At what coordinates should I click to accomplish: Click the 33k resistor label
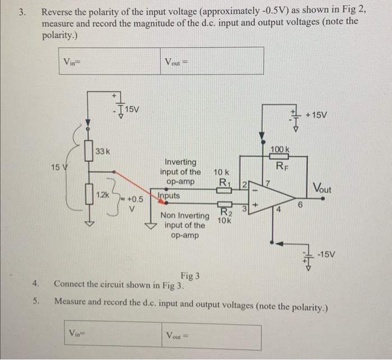[102, 151]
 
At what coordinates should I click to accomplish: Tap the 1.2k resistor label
[103, 194]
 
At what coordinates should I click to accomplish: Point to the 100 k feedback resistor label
[280, 149]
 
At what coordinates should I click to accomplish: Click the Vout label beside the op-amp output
[321, 189]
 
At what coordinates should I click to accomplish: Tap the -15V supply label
[326, 255]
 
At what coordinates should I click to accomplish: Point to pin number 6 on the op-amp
[300, 205]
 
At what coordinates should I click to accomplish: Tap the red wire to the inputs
[134, 184]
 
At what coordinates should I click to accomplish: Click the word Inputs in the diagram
[169, 196]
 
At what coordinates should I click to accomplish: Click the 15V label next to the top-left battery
[132, 109]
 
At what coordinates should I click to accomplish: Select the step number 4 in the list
[35, 283]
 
